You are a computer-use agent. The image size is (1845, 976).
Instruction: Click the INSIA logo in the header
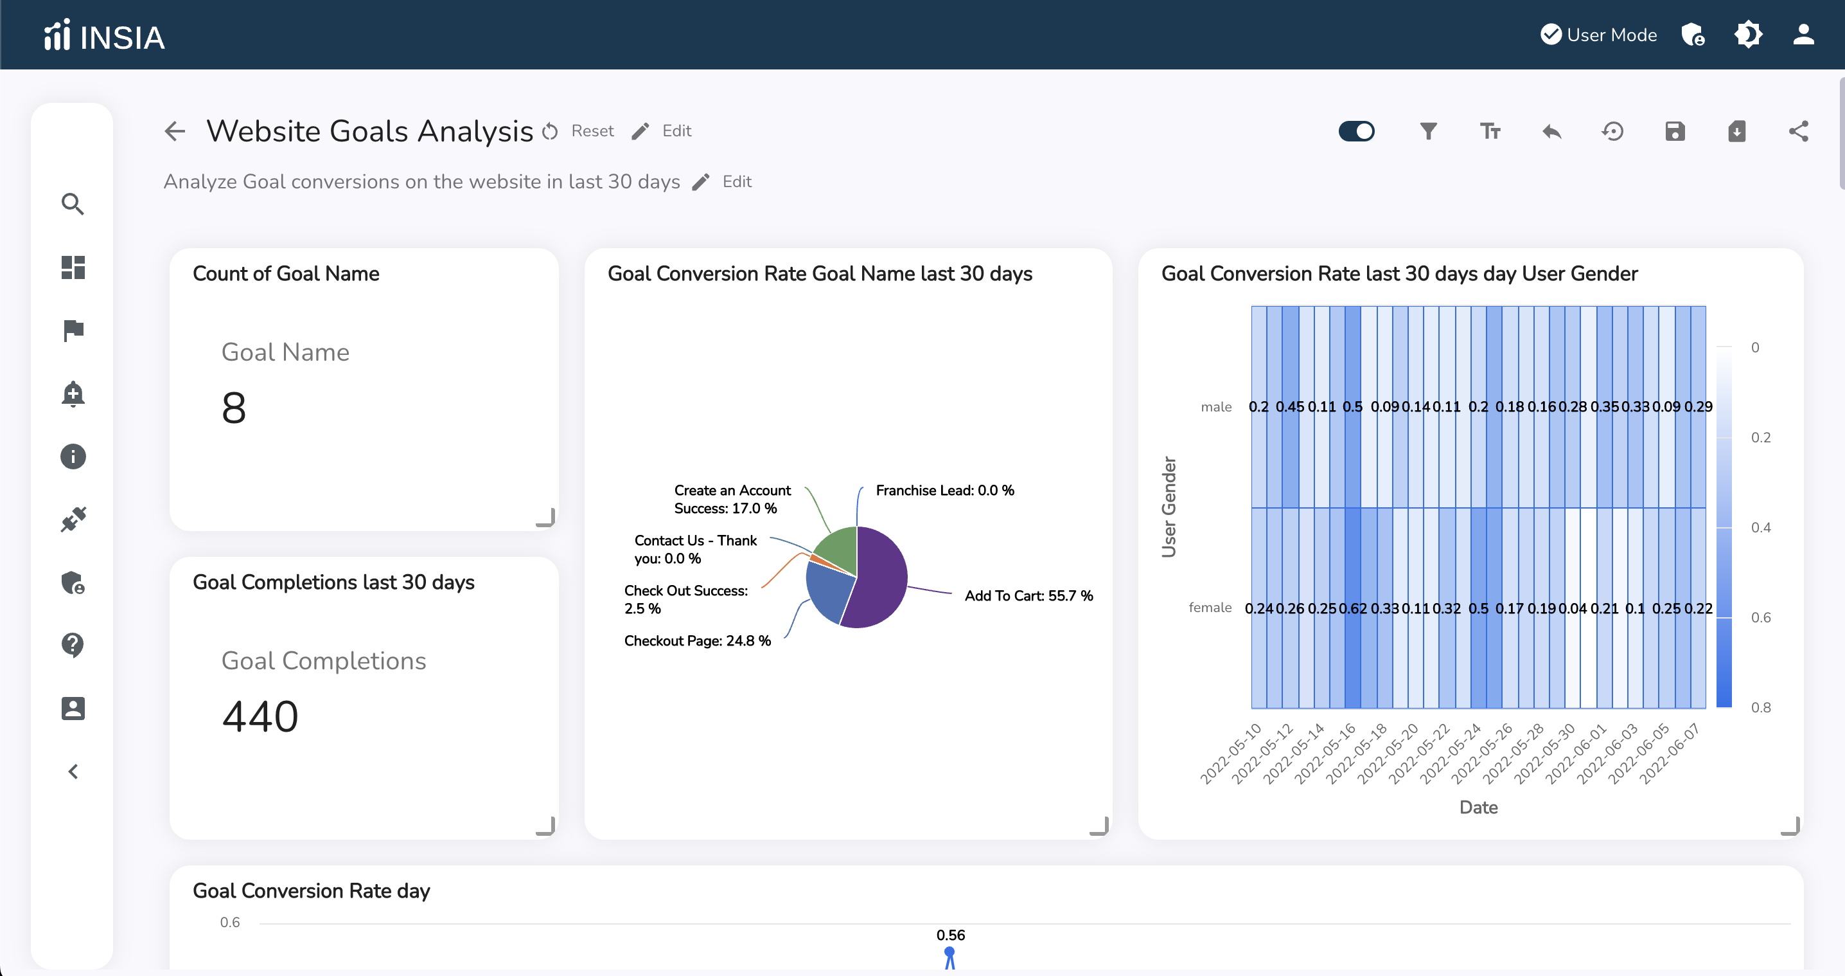tap(105, 36)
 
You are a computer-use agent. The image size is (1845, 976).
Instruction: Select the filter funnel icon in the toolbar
tap(1428, 131)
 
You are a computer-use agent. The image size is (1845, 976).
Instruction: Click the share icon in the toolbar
tap(1799, 131)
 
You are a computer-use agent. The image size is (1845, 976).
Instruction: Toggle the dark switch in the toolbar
tap(1357, 131)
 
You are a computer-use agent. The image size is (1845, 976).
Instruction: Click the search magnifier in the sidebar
tap(73, 204)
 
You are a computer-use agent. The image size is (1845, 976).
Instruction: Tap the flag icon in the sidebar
tap(73, 330)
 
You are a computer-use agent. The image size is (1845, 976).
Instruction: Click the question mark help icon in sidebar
tap(73, 645)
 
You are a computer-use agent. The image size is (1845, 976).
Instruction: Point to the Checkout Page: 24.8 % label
tap(697, 640)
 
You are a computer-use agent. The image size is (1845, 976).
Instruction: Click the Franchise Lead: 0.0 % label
tap(944, 491)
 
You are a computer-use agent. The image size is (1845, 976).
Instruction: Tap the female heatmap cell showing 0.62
tap(1352, 608)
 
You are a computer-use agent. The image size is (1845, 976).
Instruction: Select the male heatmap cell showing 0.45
tap(1290, 407)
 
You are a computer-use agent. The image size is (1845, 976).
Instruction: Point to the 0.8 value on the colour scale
tap(1760, 707)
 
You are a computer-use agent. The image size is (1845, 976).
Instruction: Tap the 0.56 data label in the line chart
tap(950, 935)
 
